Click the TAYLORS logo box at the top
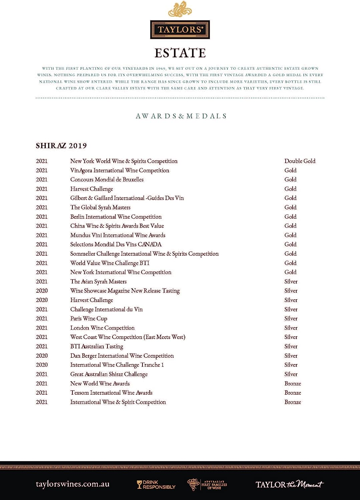[x=180, y=30]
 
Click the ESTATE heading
[x=180, y=53]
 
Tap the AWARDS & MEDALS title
[x=181, y=116]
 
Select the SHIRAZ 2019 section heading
[x=61, y=146]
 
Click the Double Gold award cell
[x=300, y=161]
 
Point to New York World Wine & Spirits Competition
[x=124, y=161]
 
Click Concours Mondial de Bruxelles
[x=107, y=179]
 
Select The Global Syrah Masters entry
[x=100, y=207]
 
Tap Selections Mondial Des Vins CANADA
[x=116, y=244]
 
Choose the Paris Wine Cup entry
[x=88, y=319]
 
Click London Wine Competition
[x=102, y=328]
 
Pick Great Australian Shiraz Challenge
[x=109, y=374]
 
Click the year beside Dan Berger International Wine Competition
[x=42, y=356]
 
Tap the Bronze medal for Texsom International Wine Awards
[x=293, y=393]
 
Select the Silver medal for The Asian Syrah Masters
[x=291, y=282]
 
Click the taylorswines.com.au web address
[x=72, y=484]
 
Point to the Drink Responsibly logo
[x=156, y=485]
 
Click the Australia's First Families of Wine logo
[x=207, y=485]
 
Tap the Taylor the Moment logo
[x=289, y=484]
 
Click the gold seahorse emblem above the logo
[x=180, y=10]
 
